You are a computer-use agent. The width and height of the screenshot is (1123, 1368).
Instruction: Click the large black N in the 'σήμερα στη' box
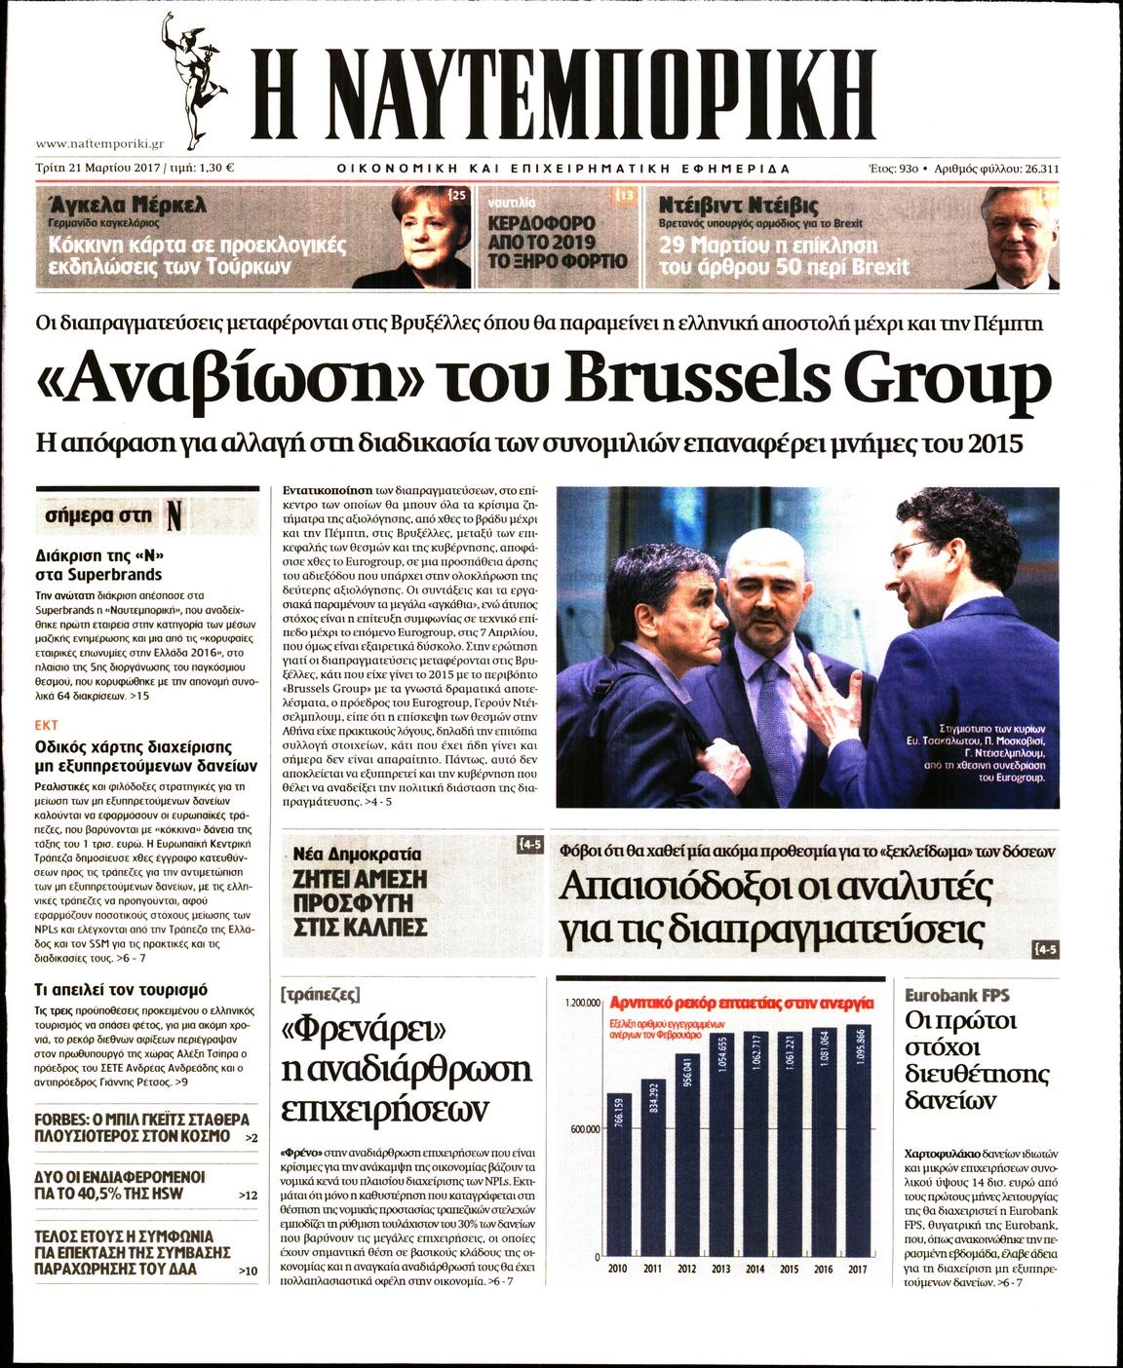174,514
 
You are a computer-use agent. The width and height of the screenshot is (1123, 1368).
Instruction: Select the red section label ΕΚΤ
46,726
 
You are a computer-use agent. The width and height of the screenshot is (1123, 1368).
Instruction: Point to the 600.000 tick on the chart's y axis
576,1129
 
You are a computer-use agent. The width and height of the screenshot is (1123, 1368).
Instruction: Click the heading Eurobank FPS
956,996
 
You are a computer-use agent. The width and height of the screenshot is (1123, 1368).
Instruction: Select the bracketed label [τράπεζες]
320,996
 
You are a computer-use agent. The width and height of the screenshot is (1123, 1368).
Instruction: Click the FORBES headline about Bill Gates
141,1127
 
